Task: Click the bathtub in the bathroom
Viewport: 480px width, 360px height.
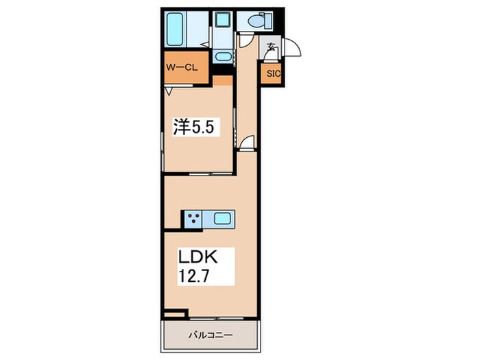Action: coord(176,29)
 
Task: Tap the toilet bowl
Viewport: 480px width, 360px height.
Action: coord(254,21)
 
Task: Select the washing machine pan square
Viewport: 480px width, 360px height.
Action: coord(223,20)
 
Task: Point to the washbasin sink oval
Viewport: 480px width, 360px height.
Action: coord(223,57)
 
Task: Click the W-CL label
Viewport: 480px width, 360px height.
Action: coord(182,68)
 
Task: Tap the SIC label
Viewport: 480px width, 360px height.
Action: coord(273,74)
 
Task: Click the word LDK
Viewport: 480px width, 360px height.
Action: coord(198,256)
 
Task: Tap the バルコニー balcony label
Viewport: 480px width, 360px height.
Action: coord(211,335)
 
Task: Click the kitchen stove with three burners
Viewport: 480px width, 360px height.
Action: coord(193,219)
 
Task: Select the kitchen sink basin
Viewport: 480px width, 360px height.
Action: coord(222,218)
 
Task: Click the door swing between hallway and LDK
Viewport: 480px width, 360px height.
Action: coord(248,142)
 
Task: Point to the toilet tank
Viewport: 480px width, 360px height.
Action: coord(266,21)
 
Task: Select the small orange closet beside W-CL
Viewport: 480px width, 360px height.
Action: coord(223,80)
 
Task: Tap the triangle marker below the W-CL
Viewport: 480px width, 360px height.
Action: coord(169,91)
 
